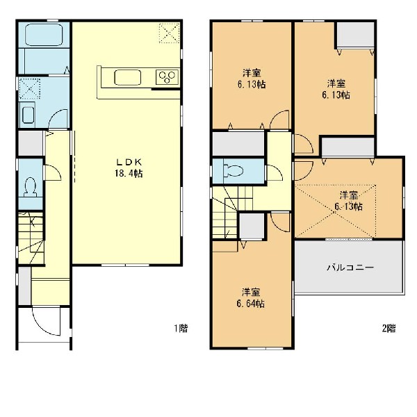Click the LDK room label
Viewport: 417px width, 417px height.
(129, 162)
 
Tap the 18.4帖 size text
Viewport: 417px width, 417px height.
(129, 174)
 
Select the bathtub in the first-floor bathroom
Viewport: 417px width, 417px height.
(44, 35)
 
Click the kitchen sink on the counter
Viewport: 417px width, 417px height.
(127, 77)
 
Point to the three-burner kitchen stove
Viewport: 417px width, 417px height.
(167, 77)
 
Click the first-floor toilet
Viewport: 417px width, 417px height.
(30, 187)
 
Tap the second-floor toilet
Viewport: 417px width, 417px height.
(234, 170)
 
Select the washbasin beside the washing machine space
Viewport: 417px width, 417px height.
(28, 115)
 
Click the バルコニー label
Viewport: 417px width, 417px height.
(350, 268)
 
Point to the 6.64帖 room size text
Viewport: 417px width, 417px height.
(250, 304)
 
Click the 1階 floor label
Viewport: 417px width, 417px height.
(181, 329)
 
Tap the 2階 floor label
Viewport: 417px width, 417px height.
(389, 329)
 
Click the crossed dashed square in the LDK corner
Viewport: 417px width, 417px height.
(169, 33)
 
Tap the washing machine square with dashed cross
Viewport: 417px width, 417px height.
(29, 88)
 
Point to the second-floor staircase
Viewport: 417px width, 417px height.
(231, 212)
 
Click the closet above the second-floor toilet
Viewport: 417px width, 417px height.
(238, 144)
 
